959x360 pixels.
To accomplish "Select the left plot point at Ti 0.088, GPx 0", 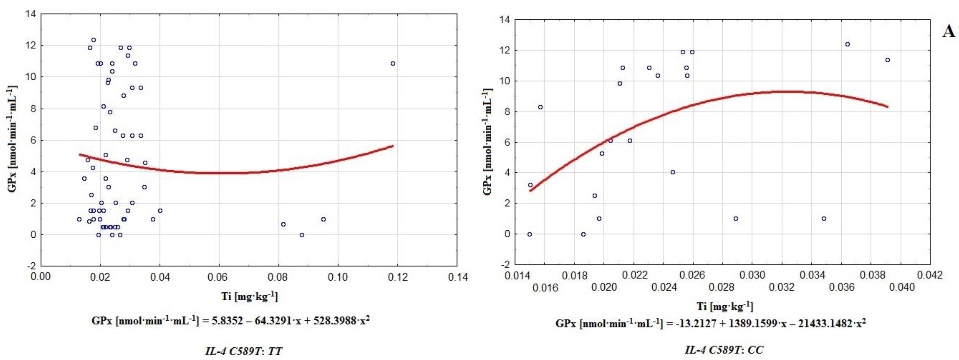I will tap(302, 235).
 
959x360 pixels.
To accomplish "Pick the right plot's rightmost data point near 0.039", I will tap(887, 60).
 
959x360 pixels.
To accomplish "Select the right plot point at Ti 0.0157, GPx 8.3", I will tap(541, 107).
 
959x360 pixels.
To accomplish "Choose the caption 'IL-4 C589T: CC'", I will tap(724, 350).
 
